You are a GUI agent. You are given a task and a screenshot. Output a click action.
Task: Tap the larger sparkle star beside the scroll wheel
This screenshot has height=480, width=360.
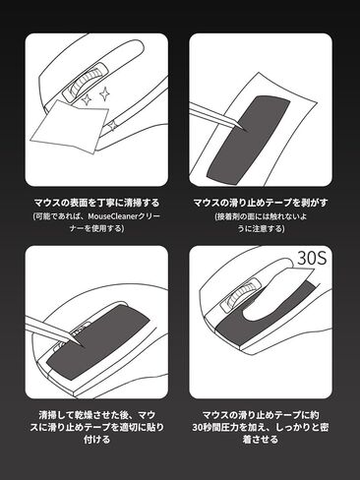[104, 94]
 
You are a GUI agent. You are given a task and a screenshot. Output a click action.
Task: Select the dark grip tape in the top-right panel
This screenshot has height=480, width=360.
[248, 138]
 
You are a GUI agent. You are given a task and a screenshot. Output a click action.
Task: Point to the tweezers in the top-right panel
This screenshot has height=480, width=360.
[217, 117]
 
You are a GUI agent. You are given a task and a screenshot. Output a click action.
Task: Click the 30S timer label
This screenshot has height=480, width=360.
[312, 258]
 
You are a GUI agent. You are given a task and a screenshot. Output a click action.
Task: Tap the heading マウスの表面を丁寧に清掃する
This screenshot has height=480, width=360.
[96, 203]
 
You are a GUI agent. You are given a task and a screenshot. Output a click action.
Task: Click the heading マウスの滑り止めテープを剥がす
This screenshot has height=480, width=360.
[261, 203]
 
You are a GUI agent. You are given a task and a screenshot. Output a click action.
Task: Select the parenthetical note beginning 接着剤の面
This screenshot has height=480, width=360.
[261, 222]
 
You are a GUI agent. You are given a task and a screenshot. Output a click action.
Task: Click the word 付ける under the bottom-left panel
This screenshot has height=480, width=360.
[96, 439]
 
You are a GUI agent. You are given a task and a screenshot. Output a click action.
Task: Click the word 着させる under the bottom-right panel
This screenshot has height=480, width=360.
[261, 439]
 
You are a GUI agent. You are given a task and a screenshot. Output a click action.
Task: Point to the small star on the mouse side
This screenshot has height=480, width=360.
[113, 125]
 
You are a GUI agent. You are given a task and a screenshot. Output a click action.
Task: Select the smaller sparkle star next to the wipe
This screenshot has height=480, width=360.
[87, 99]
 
